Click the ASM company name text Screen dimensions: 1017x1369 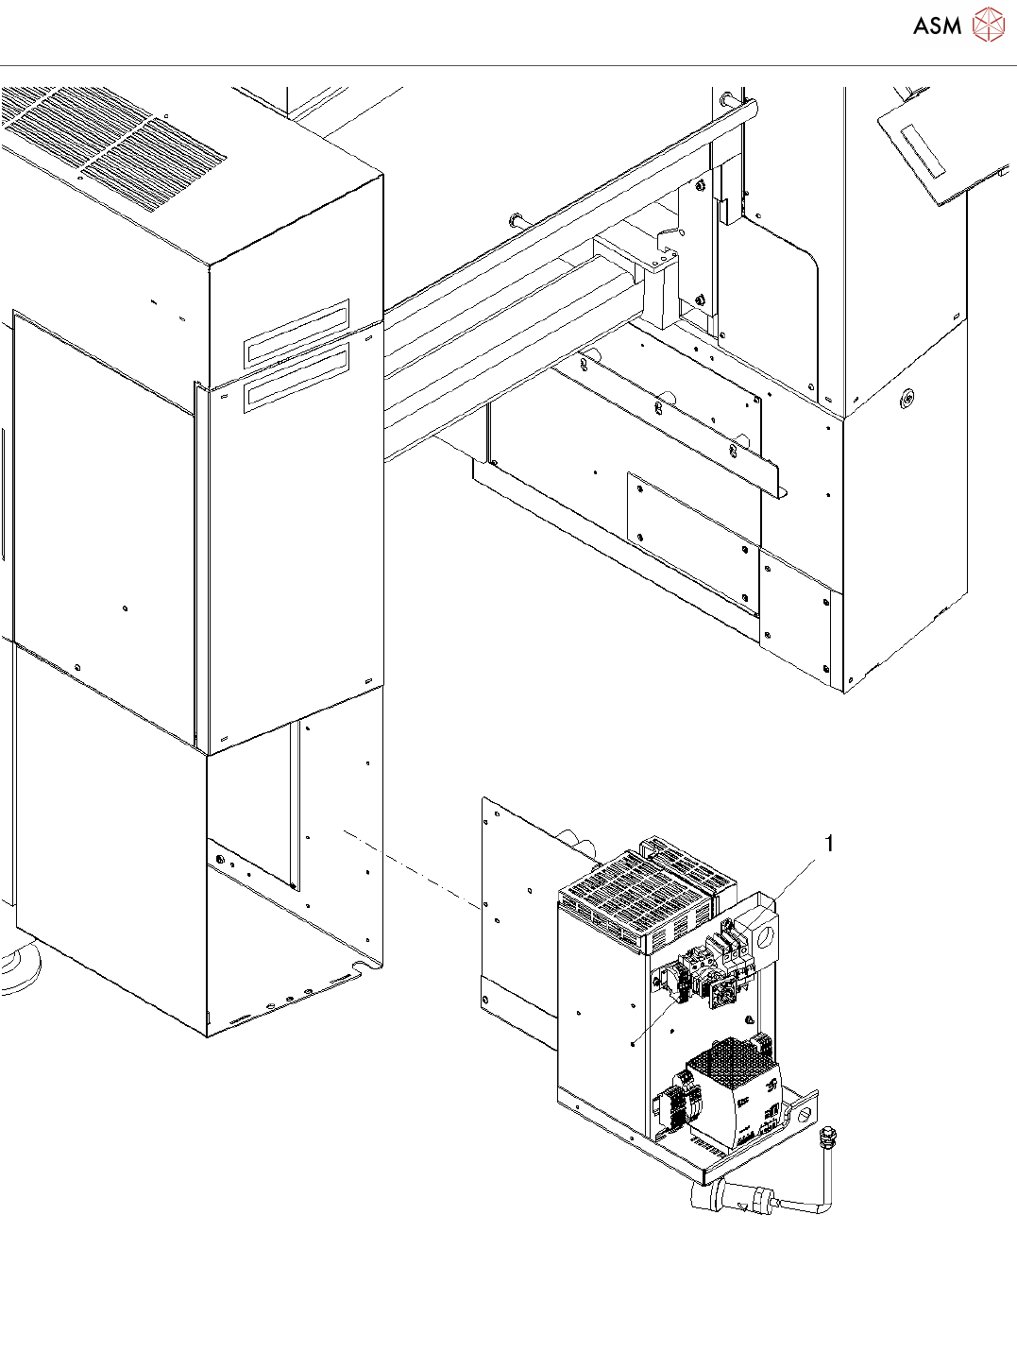937,26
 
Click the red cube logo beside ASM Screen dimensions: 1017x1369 988,25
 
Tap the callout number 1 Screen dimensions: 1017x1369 829,843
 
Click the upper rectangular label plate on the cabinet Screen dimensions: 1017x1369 297,333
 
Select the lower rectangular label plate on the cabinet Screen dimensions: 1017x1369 297,378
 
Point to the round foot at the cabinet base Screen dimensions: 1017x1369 19,964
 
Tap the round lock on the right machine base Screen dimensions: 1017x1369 907,398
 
